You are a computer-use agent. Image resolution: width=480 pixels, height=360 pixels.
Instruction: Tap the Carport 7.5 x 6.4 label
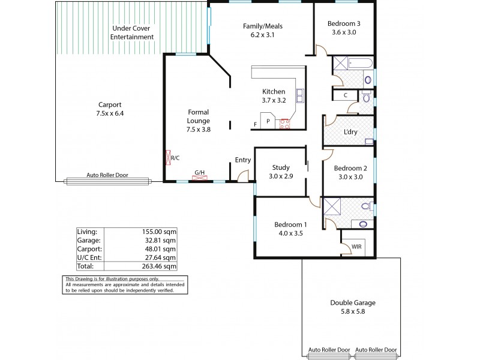coord(109,109)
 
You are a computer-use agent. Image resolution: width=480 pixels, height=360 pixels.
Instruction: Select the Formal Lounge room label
coord(198,121)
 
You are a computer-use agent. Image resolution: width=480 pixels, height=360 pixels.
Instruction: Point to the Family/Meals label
coord(262,30)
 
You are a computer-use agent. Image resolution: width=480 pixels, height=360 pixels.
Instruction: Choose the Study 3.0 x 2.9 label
coord(281,172)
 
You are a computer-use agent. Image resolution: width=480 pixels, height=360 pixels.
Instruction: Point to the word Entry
coord(243,160)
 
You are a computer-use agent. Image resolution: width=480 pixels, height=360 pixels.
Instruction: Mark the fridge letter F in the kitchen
coord(255,124)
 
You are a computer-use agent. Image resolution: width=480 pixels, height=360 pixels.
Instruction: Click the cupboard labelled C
coord(346,95)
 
